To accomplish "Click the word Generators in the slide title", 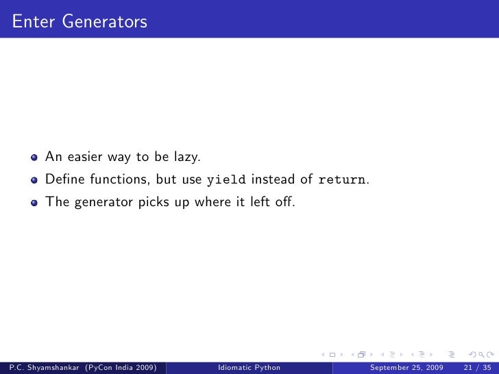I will click(104, 23).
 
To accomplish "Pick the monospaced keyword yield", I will click(227, 180).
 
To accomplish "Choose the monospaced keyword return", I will click(341, 180).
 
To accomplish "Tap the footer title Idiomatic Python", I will click(247, 368).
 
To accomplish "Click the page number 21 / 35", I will click(472, 368).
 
